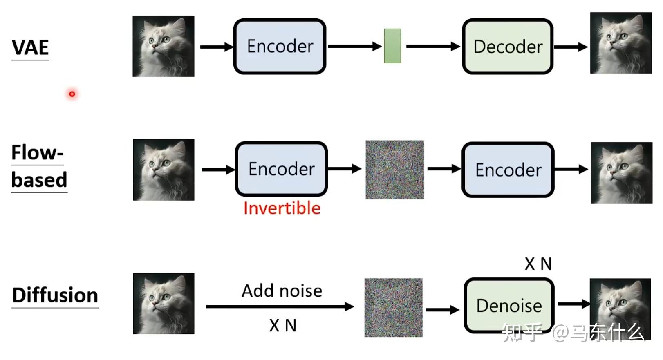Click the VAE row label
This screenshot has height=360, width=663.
(30, 47)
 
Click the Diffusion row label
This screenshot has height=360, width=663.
(55, 295)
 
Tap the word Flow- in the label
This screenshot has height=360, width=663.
(37, 152)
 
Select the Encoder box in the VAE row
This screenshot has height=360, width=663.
(280, 46)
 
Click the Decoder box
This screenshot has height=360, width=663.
(507, 47)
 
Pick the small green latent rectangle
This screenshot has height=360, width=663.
(392, 46)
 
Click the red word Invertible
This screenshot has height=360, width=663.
(282, 208)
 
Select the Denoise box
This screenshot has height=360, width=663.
(509, 305)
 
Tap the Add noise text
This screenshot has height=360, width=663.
(282, 291)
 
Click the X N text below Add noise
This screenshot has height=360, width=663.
(282, 325)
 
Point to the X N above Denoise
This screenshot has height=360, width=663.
(538, 264)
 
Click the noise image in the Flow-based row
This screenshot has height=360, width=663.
(394, 170)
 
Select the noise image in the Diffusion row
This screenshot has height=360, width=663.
(393, 307)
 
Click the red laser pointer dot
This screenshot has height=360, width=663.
(72, 94)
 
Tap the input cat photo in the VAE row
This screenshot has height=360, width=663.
(163, 46)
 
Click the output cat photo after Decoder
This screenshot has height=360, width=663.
(620, 43)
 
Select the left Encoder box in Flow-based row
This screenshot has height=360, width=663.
(281, 169)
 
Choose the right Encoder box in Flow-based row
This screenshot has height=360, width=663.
(508, 170)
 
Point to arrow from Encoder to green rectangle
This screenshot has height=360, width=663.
(354, 46)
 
